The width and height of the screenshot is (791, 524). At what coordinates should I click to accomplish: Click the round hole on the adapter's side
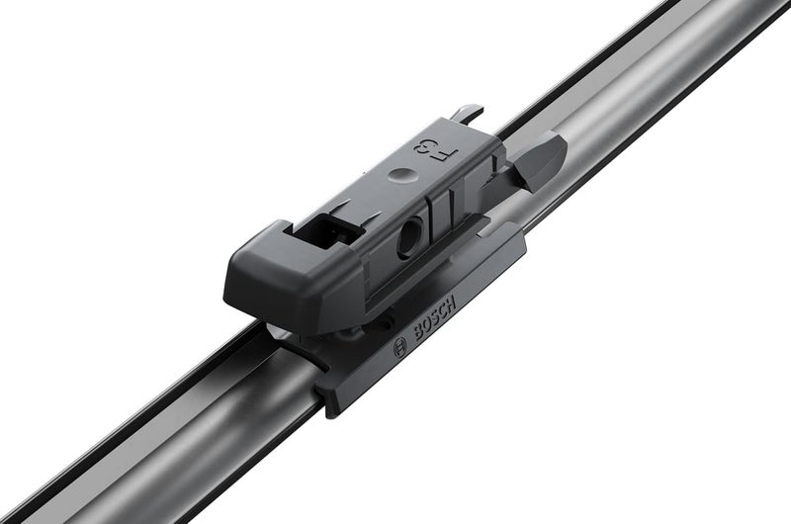(408, 238)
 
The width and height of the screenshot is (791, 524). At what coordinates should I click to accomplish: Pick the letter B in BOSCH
(418, 333)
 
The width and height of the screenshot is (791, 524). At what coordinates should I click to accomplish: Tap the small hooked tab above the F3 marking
(469, 115)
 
